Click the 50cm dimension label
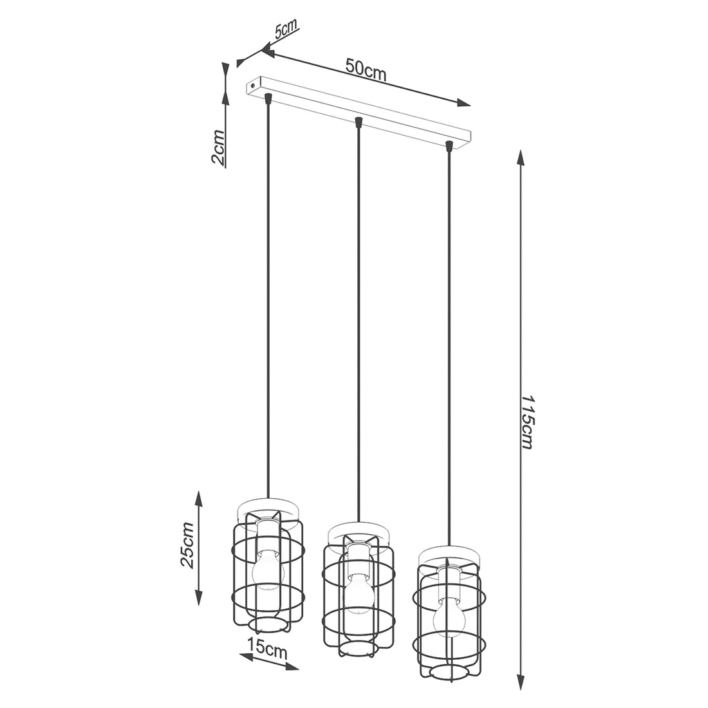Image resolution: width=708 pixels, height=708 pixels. click(x=366, y=70)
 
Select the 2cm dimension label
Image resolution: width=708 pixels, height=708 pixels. click(x=218, y=149)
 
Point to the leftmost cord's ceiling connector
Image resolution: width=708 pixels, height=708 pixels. click(x=268, y=98)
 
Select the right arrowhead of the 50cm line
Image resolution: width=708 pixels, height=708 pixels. click(x=465, y=104)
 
